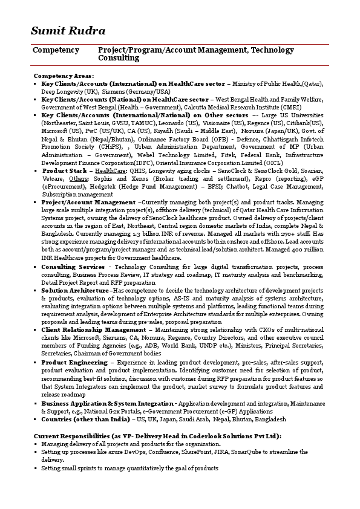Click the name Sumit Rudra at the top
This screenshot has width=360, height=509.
(68, 31)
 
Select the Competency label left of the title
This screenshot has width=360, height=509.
(56, 50)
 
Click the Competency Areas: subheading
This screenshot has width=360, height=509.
(64, 76)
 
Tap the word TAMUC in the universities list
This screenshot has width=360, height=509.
(140, 123)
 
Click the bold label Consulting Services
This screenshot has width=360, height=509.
(73, 266)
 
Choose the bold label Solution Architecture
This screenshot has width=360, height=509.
(75, 290)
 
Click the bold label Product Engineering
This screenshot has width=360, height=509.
(74, 362)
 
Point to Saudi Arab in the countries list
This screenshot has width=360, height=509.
(194, 419)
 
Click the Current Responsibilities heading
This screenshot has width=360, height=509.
(157, 436)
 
